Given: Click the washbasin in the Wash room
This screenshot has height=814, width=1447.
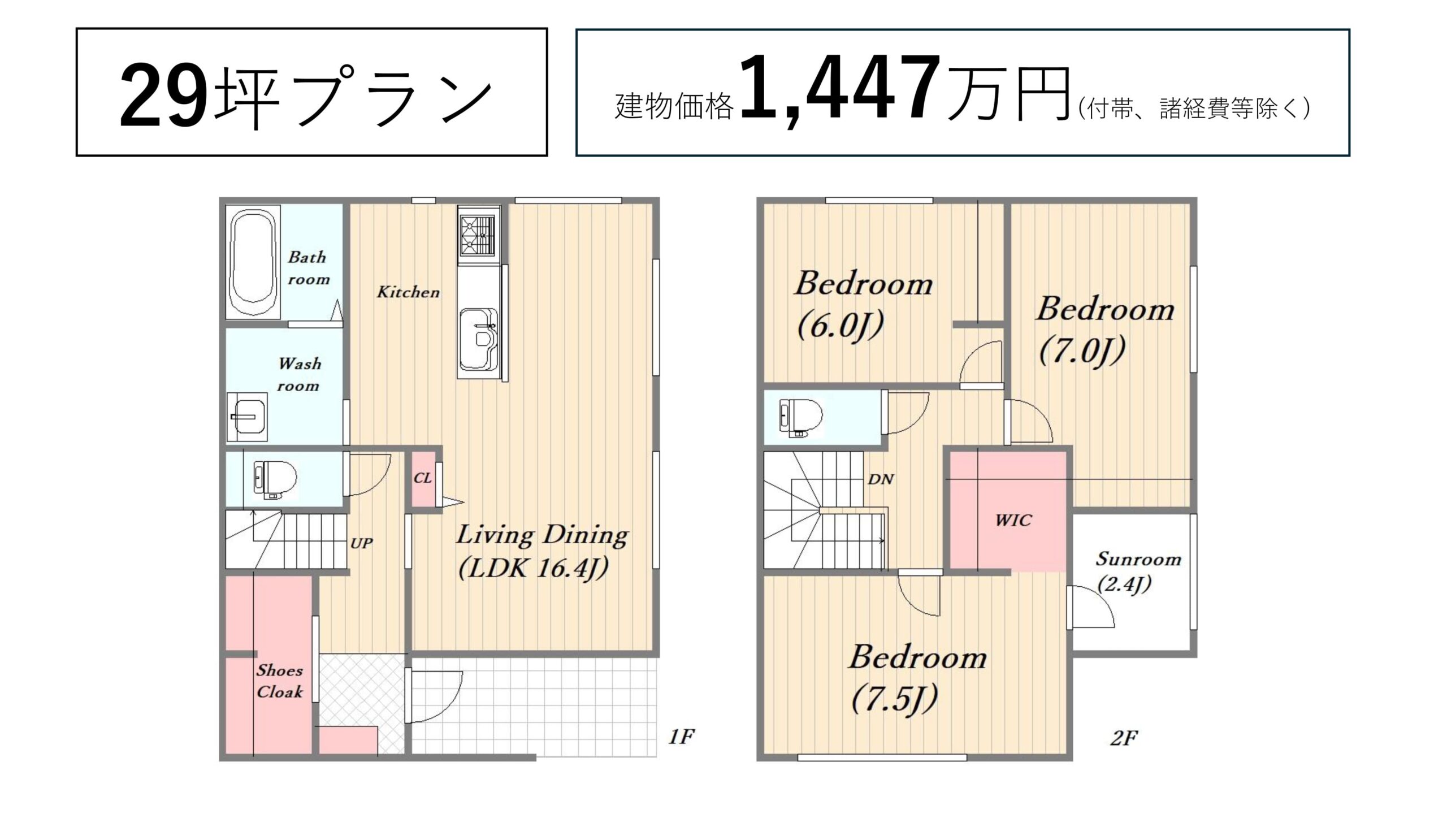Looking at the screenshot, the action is point(248,417).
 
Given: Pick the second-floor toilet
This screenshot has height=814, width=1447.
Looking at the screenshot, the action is point(800,417).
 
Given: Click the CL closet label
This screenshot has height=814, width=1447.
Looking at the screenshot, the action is point(423,478).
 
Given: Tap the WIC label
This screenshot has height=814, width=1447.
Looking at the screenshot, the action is point(1013,520).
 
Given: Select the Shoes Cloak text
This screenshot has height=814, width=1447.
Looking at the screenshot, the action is point(280,681).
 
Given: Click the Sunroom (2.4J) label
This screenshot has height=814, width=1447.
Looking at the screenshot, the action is point(1138,571).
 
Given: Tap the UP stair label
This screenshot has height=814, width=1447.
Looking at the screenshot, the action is point(361,543).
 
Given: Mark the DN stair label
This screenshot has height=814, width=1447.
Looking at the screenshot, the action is point(881,479).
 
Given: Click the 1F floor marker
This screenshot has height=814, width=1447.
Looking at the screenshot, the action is point(681,737).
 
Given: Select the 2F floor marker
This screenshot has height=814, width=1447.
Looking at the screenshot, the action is point(1124,738).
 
